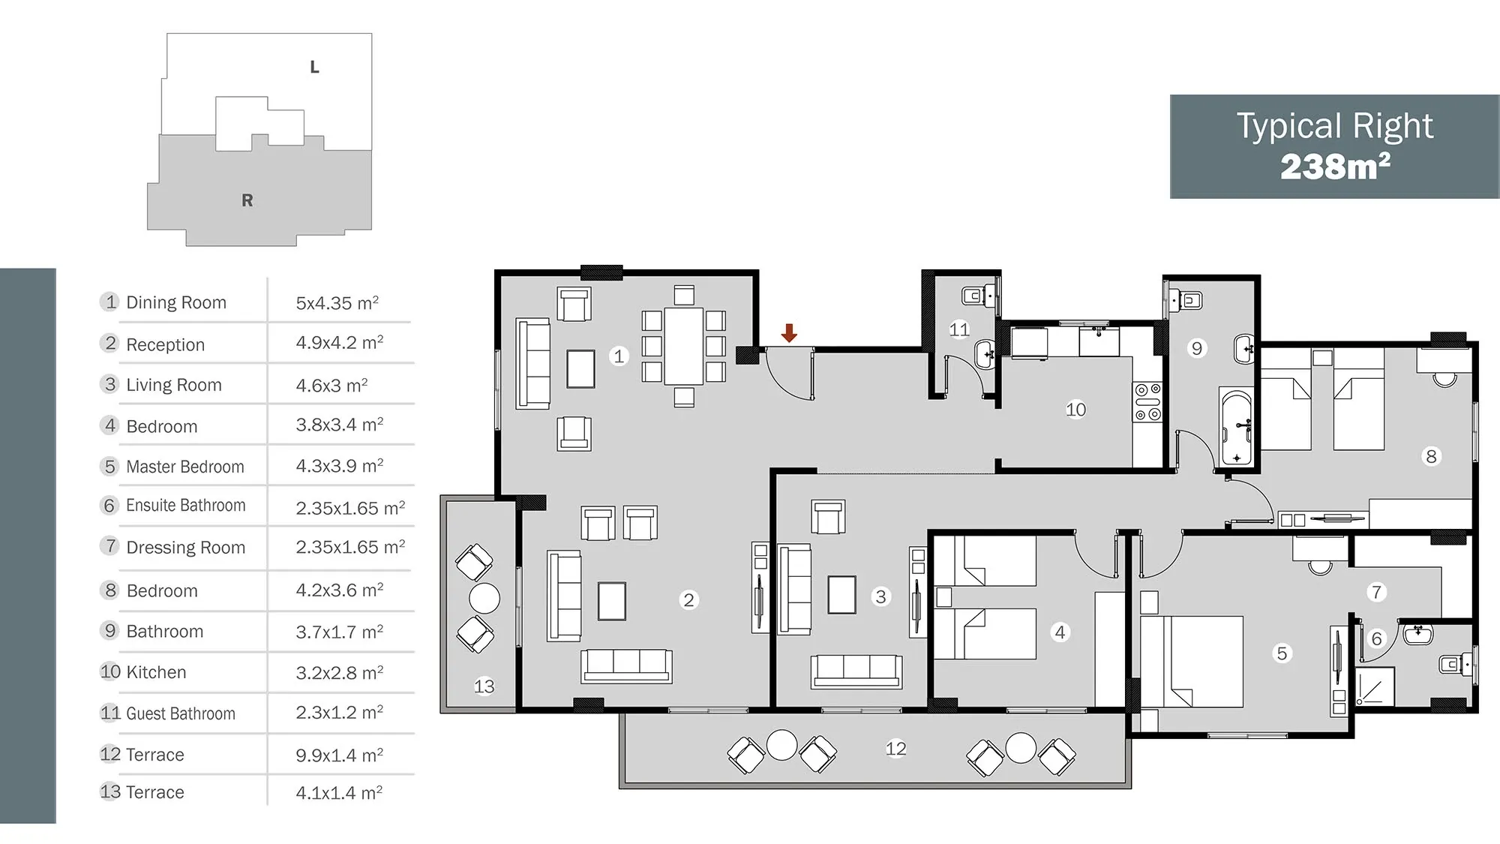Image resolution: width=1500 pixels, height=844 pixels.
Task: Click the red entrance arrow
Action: coord(789,332)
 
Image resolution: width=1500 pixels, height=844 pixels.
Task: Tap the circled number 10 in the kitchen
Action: coord(1075,410)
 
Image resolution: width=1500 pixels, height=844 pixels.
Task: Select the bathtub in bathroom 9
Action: coord(1236,427)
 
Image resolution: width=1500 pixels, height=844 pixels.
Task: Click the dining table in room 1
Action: coord(683,346)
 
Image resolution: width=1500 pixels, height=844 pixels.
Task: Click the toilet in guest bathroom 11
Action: coord(976,296)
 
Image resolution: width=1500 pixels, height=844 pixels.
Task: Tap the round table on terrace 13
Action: coord(484,599)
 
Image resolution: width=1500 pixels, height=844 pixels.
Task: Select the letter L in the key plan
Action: coord(315,67)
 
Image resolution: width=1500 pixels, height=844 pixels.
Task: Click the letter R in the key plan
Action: coord(247,200)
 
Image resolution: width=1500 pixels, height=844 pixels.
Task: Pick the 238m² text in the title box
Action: coord(1335,167)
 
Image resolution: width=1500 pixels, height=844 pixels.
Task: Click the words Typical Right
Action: coord(1335,125)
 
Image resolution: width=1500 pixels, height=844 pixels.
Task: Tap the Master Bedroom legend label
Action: coord(185,467)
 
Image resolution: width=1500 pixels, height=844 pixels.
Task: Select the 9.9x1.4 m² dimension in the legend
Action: coord(339,755)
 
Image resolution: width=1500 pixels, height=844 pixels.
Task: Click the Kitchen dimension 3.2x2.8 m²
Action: coord(339,672)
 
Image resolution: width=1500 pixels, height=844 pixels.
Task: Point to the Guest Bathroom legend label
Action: coord(181,713)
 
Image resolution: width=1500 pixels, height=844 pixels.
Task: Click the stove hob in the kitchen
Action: coord(1147,402)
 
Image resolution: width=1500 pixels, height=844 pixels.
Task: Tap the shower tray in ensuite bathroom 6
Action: coord(1375,686)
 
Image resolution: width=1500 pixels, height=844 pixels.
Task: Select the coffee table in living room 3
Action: coord(842,595)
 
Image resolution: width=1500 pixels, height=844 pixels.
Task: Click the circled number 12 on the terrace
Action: coord(895,749)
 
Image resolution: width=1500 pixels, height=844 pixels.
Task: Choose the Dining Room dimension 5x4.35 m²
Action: coord(337,303)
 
